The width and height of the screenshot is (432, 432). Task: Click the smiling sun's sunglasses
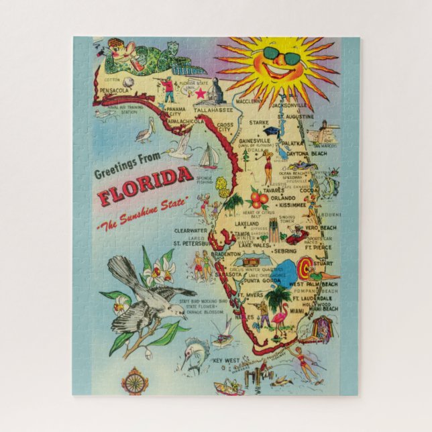[x=282, y=57]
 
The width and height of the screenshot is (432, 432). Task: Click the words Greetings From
[x=133, y=168]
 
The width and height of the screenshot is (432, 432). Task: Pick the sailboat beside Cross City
[x=208, y=158]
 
